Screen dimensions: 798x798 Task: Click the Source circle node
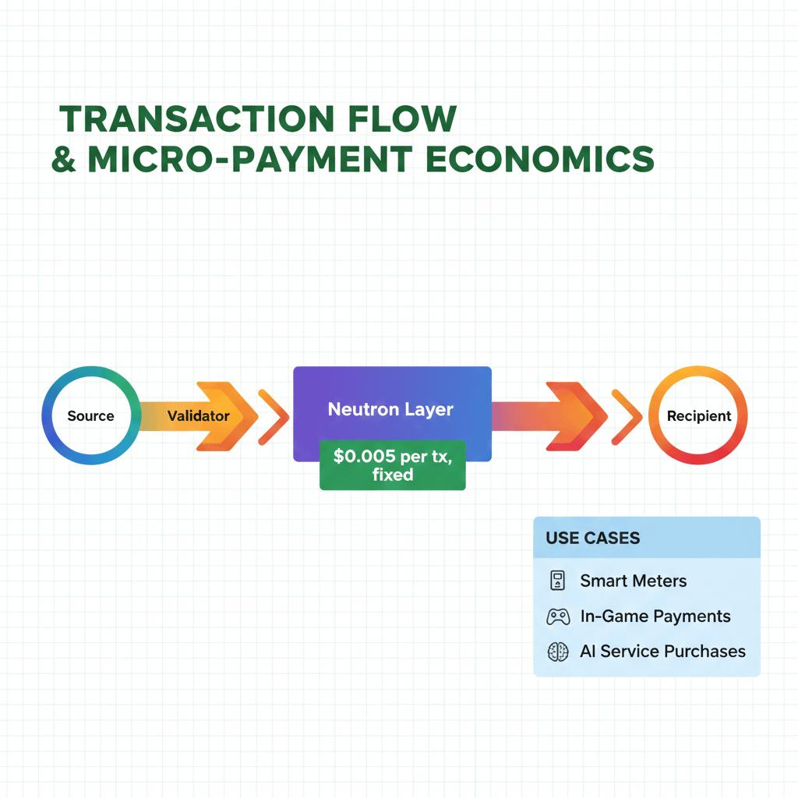click(x=90, y=416)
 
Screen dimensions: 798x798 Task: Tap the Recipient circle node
click(x=698, y=416)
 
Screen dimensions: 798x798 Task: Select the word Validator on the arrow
click(x=199, y=416)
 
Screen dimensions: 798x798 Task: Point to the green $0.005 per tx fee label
click(x=392, y=465)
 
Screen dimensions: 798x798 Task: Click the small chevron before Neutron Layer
click(x=272, y=416)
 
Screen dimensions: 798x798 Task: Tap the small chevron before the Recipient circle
click(x=626, y=416)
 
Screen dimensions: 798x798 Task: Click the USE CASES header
click(x=593, y=538)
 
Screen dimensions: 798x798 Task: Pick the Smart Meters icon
click(x=557, y=581)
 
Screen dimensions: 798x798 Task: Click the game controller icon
click(x=558, y=616)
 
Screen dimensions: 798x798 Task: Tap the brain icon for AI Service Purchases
click(x=558, y=651)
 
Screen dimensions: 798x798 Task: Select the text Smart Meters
click(x=634, y=581)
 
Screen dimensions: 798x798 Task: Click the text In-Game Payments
click(x=655, y=616)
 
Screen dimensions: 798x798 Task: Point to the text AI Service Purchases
click(x=662, y=651)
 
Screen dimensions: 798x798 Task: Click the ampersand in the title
click(x=64, y=159)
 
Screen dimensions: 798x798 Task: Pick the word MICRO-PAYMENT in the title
click(x=249, y=158)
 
